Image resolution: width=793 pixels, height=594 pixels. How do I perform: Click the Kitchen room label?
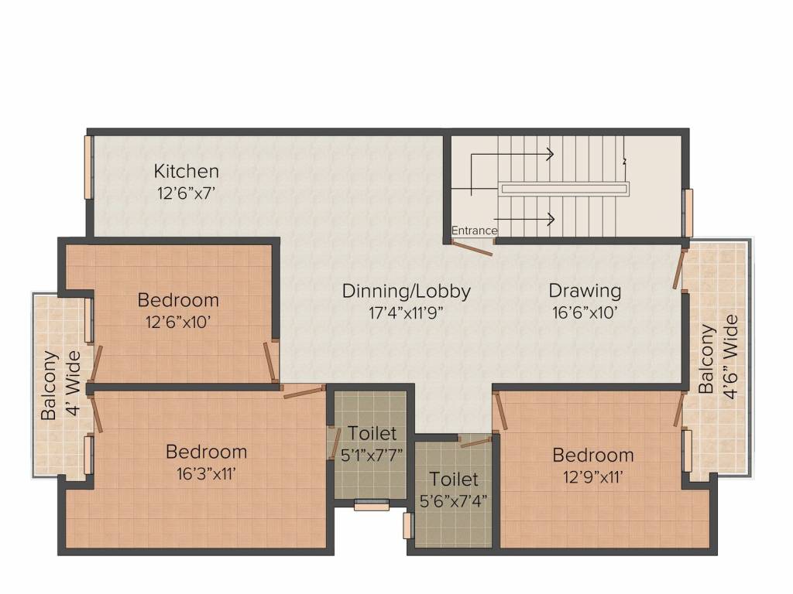pos(186,171)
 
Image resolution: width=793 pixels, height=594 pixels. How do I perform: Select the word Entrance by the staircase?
pos(474,230)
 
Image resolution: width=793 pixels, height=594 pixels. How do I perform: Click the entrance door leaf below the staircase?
pos(472,247)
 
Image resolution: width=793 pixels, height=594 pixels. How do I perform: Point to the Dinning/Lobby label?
pos(406,292)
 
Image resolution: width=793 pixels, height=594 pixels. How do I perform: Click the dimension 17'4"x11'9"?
pos(406,313)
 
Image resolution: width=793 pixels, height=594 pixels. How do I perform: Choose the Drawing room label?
pos(585,291)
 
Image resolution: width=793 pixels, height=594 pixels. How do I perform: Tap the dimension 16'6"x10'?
pos(585,313)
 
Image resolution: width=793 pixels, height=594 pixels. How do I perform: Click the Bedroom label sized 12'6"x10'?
pos(178,300)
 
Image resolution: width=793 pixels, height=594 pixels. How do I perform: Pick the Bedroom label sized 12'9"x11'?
pos(592,455)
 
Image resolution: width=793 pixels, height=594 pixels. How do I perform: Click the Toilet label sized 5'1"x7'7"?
pos(372,433)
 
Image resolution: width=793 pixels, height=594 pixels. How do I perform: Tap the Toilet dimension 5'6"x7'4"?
pos(453,500)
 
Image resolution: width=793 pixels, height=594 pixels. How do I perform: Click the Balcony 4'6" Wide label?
pos(717,355)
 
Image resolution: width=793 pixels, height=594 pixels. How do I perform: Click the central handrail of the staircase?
pos(565,188)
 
